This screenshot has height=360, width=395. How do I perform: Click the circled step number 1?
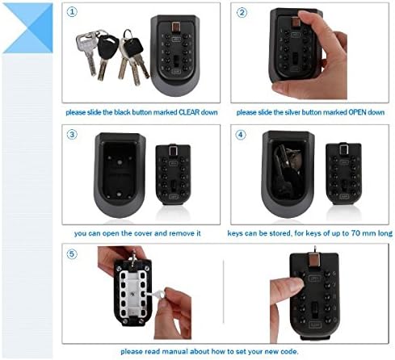(72, 12)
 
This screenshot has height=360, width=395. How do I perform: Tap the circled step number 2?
(242, 12)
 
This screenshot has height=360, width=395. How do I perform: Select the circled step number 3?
(72, 134)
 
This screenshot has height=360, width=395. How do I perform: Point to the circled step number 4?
(241, 135)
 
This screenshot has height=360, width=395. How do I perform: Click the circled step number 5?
(72, 253)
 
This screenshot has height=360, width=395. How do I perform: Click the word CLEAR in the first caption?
(188, 112)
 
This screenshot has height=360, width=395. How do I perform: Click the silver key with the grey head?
(87, 52)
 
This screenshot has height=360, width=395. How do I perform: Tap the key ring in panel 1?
(128, 34)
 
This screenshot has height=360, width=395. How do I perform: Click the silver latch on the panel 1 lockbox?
(175, 27)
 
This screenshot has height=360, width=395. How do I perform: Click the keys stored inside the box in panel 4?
(288, 170)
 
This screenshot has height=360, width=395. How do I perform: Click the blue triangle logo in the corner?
(27, 28)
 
